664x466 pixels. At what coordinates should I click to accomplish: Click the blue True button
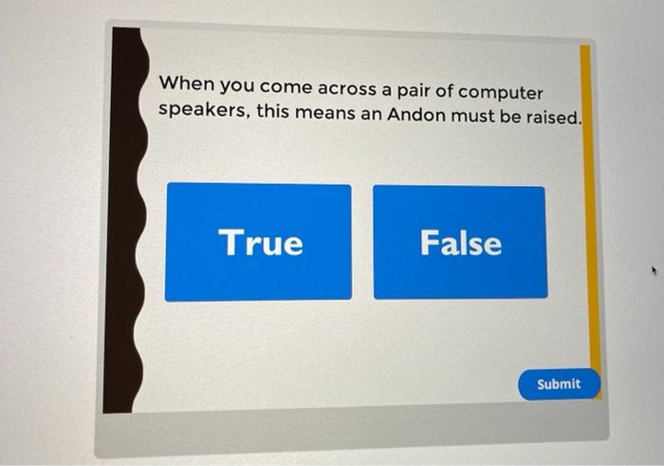coord(258,242)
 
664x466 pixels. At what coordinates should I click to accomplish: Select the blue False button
coord(460,242)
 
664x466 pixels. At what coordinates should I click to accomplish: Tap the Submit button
coord(559,383)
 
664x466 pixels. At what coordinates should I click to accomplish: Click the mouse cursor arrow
coord(653,272)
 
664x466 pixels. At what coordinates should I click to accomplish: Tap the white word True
coord(261,243)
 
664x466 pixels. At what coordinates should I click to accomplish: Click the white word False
coord(461,243)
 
